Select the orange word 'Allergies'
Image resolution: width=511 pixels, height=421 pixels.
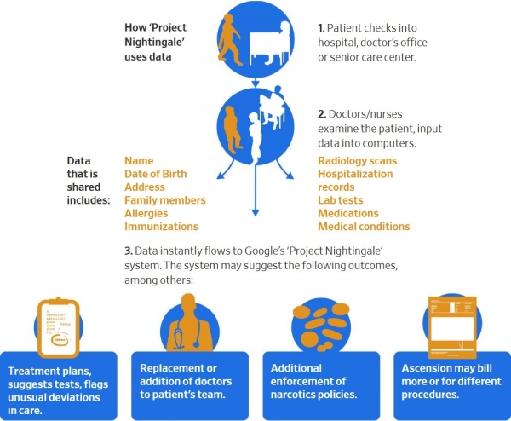(x=147, y=213)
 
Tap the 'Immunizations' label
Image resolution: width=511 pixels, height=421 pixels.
(x=162, y=227)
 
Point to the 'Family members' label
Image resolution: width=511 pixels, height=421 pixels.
(x=165, y=200)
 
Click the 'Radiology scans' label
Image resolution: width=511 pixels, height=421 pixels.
(x=358, y=160)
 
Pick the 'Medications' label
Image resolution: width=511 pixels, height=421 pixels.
(x=348, y=213)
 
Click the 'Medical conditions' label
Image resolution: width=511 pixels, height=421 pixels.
(x=364, y=227)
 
